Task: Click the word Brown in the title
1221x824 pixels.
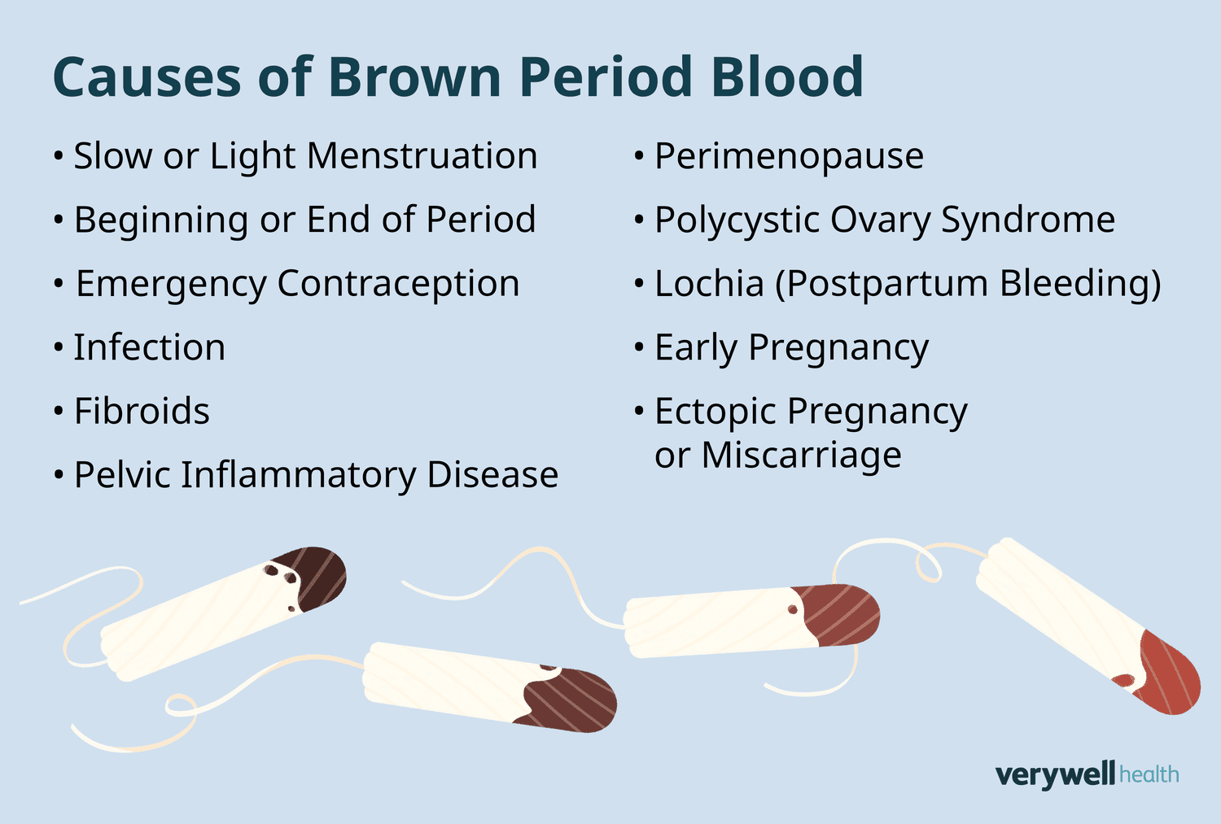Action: tap(415, 78)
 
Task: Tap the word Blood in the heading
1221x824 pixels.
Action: tap(786, 78)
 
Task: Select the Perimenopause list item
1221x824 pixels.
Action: tap(789, 156)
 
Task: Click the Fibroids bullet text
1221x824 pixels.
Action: tap(142, 412)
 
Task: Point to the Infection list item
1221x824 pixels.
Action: tap(150, 348)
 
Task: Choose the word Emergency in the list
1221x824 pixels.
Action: tap(171, 285)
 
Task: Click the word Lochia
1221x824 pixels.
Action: tap(709, 284)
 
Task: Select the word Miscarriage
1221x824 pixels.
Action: tap(801, 456)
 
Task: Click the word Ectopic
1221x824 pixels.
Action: tap(714, 412)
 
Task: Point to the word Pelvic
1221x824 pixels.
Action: tap(121, 475)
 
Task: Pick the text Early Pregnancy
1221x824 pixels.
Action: tap(791, 348)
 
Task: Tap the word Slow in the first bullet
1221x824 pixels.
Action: tap(112, 156)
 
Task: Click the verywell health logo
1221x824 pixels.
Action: tap(1087, 774)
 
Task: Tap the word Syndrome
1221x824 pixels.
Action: tap(1028, 220)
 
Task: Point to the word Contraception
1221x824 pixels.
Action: tap(398, 284)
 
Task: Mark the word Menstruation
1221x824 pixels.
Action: tap(422, 156)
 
